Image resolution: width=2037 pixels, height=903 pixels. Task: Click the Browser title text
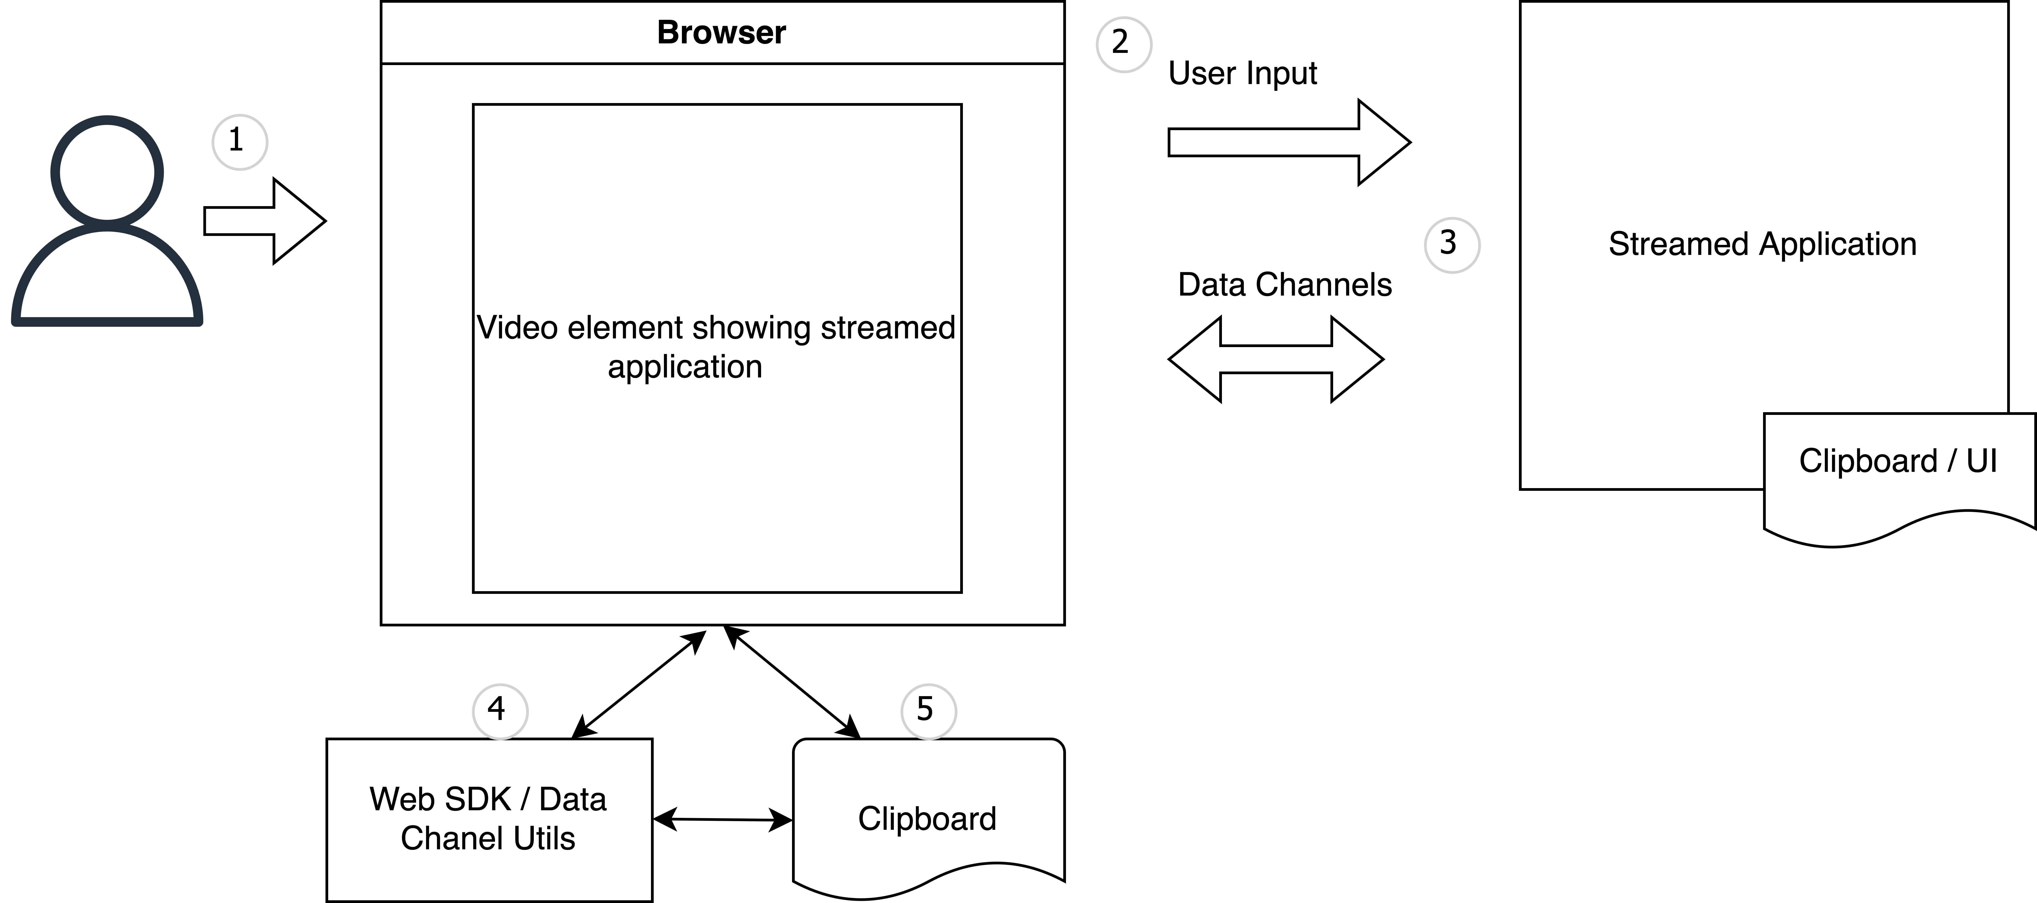coord(721,33)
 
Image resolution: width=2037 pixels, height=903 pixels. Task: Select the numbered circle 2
coord(1123,43)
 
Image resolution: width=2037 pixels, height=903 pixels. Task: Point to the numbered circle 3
coord(1451,244)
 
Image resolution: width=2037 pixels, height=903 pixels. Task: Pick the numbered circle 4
coord(499,710)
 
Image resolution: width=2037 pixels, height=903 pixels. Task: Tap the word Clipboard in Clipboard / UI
coord(1867,461)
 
